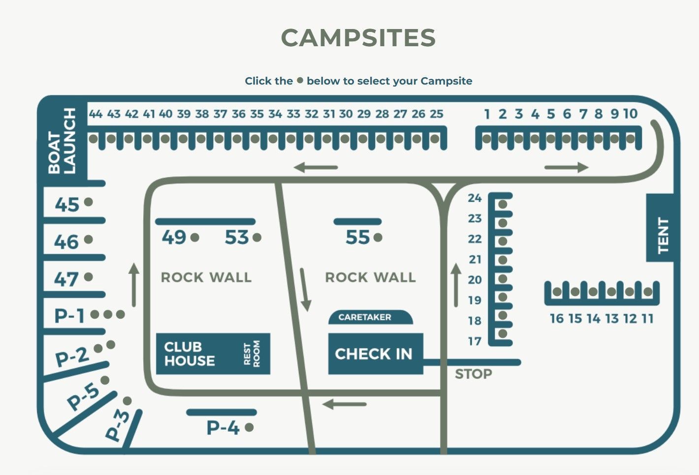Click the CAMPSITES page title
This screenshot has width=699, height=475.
(x=358, y=38)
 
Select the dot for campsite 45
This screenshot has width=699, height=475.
(x=89, y=202)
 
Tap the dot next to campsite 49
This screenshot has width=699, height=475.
(x=194, y=237)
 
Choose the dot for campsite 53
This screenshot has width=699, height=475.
(x=256, y=237)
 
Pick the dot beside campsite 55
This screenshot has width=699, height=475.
(x=378, y=237)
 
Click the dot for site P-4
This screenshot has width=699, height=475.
(x=249, y=427)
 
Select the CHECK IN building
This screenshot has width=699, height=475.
(x=374, y=354)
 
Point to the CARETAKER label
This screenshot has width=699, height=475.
(x=365, y=318)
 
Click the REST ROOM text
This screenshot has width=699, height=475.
(x=252, y=354)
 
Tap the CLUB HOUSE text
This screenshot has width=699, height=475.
(x=190, y=354)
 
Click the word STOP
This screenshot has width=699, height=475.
(x=473, y=374)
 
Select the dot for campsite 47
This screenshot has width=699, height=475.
(x=89, y=277)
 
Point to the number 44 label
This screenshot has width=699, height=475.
(x=95, y=114)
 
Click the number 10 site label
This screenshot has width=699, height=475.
(x=630, y=114)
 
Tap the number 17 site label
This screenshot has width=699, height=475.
(x=475, y=341)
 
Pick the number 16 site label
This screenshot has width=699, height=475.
(x=556, y=319)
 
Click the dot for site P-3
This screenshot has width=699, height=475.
(x=127, y=401)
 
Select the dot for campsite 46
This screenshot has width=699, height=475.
(x=89, y=239)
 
